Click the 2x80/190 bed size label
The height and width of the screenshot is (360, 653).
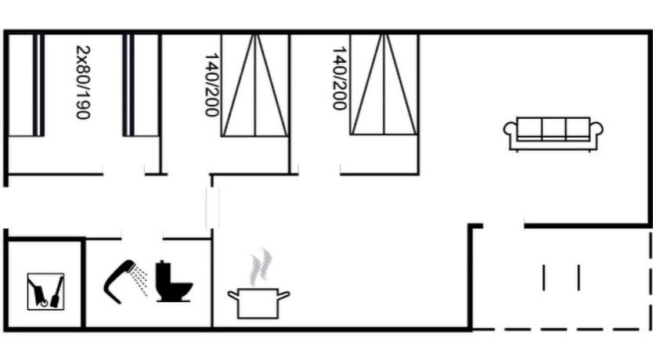point(83,82)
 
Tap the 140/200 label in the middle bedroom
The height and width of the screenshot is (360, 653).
point(212,85)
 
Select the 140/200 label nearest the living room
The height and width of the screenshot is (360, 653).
point(339,78)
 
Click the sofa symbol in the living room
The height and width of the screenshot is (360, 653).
point(553,134)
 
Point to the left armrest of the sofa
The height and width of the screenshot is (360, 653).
point(510,134)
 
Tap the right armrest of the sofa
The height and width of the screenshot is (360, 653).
point(597,134)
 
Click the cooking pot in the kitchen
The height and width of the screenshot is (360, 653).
point(258,304)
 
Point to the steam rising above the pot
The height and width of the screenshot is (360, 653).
point(261,267)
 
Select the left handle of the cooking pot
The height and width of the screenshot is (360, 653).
point(233,295)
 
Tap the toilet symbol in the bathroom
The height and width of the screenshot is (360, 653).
point(173,281)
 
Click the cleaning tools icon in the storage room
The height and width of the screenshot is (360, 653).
point(46,291)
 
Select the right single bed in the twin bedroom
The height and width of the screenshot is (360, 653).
point(141,85)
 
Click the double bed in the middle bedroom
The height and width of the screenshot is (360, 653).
point(254,85)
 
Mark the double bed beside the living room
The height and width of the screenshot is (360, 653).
point(384,85)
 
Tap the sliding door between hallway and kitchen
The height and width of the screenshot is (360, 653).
point(212,207)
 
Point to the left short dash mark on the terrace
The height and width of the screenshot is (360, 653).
point(544,278)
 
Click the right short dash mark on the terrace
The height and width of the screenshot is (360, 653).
point(579,278)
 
